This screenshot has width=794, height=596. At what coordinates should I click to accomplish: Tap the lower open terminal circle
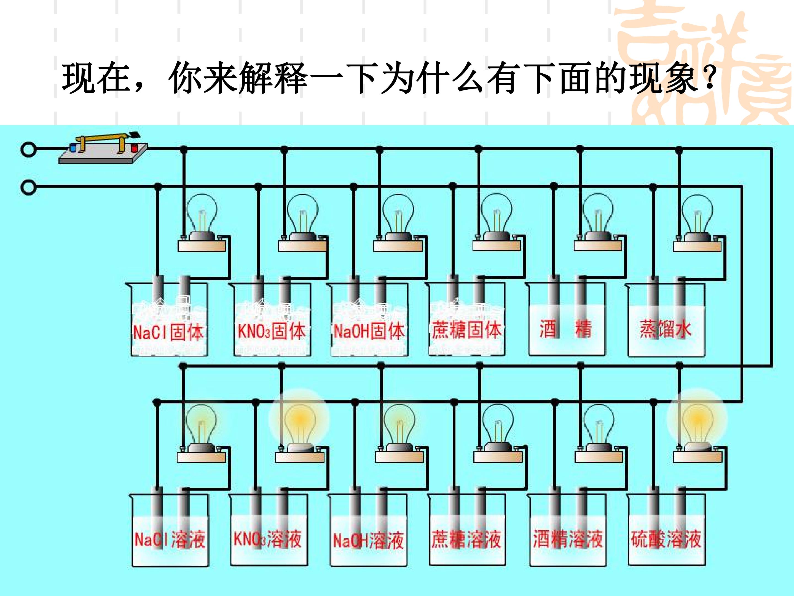[x=28, y=187]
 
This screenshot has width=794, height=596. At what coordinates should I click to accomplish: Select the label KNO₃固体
[x=271, y=331]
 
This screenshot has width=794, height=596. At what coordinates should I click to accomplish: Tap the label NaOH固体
[x=369, y=331]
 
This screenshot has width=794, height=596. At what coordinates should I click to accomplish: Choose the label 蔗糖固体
[x=466, y=330]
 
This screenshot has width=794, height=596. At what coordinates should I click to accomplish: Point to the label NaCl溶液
[x=170, y=540]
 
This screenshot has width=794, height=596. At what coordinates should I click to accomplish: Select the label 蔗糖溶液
[x=466, y=540]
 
